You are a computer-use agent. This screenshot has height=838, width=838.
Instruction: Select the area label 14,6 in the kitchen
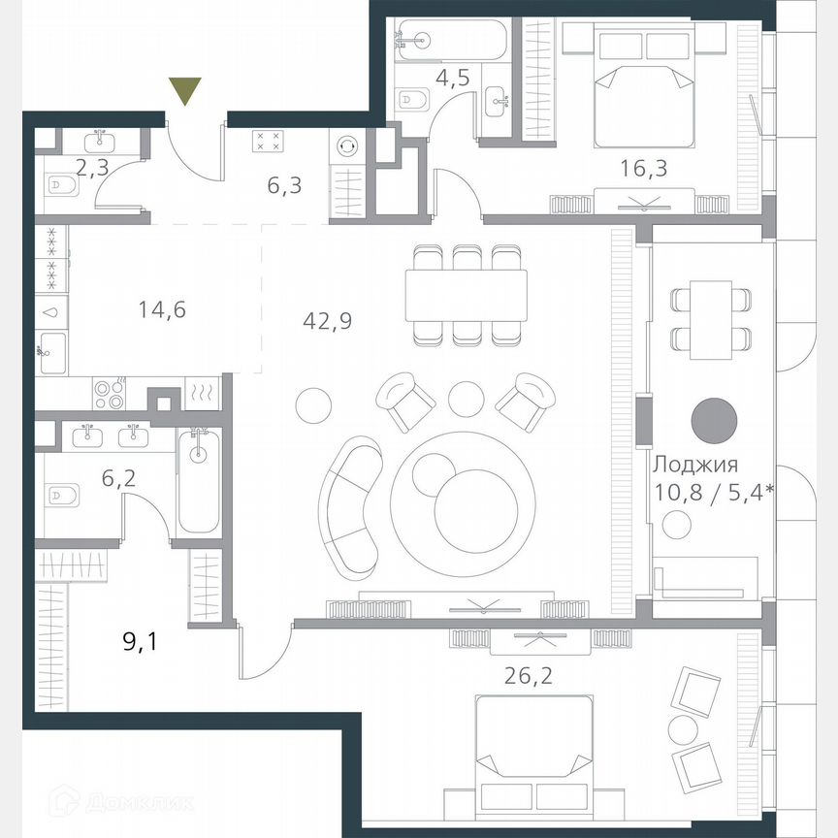pos(162,310)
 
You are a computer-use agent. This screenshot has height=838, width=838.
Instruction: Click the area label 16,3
pos(643,170)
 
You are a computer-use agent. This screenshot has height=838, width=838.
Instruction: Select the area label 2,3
pos(93,169)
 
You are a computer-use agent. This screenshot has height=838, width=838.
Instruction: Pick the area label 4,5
pos(452,78)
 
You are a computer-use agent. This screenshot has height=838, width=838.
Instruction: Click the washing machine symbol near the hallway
pos(345,146)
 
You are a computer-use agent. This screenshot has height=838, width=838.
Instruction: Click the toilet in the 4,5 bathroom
pos(412,99)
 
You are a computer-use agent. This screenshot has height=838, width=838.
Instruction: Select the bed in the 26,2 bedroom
pos(532,754)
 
